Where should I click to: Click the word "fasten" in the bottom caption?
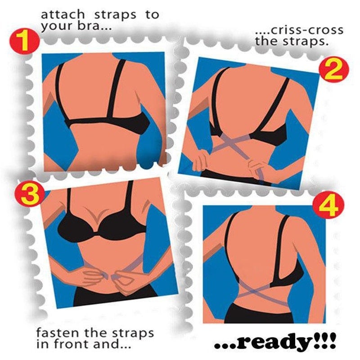54,333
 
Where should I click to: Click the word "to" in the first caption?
151,14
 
